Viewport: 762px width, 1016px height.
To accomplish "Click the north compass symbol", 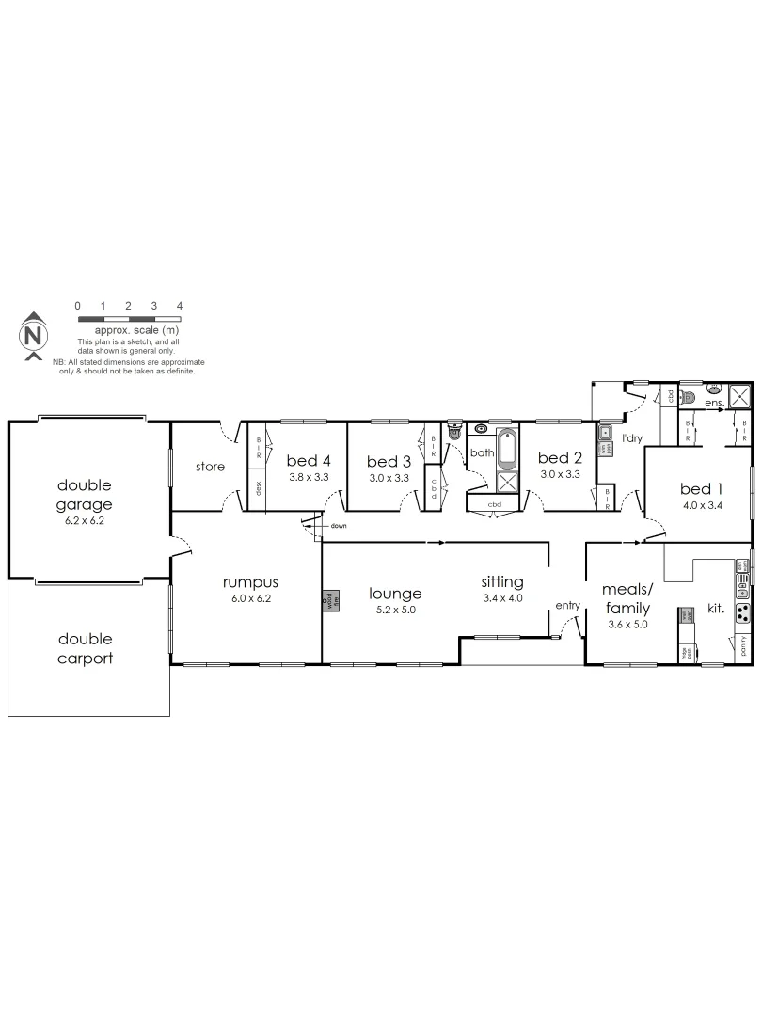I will point(33,335).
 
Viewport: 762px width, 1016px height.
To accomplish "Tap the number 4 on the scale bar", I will point(179,306).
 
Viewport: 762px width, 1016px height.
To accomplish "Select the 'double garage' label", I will point(85,495).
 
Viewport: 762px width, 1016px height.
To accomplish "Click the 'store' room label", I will point(209,467).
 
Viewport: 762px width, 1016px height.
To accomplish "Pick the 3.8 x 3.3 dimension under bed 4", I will point(308,476).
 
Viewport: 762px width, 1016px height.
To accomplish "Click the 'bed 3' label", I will point(389,461).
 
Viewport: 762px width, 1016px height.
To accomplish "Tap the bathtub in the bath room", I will point(506,449).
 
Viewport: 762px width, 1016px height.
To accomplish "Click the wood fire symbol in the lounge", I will point(327,601).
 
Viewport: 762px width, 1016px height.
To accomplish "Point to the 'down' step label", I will point(339,526).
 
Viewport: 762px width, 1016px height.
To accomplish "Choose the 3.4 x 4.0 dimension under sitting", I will point(501,597).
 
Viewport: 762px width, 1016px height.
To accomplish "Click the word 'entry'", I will point(568,605).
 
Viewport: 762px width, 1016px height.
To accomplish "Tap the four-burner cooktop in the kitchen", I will point(742,613).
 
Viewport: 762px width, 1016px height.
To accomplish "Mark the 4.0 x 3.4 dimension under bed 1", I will point(702,505).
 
